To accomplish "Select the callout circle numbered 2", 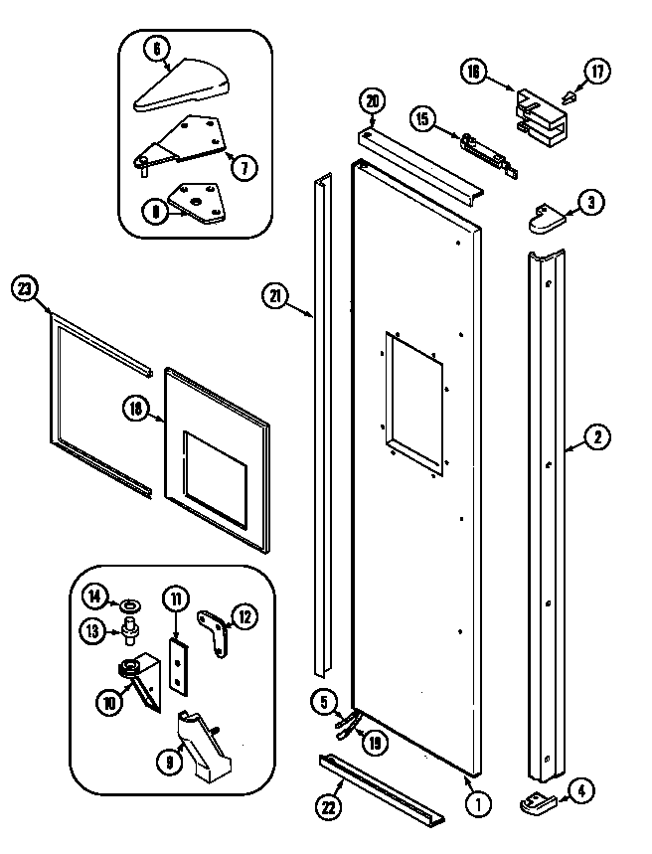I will pos(597,435).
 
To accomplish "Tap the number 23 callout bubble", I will pos(25,289).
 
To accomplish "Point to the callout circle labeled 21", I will pos(274,293).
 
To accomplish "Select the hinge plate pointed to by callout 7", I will pos(183,141).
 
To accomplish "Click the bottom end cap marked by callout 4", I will pos(539,795).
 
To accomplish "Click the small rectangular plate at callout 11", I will pos(177,664).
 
